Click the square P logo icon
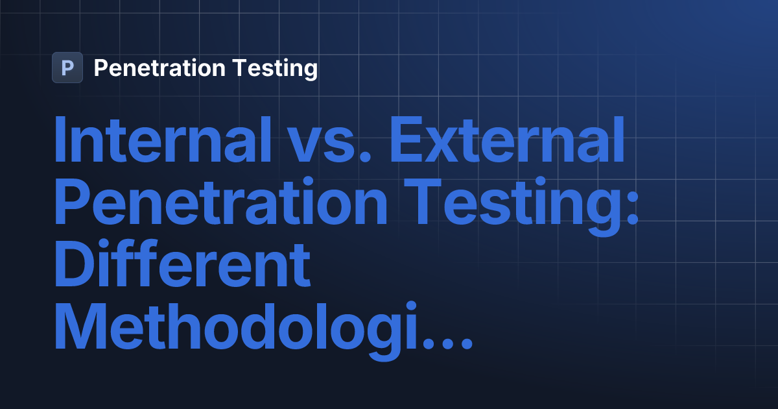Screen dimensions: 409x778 click(x=67, y=68)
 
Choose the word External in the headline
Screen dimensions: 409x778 click(x=508, y=142)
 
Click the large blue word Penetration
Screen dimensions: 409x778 click(x=221, y=203)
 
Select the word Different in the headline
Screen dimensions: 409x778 click(x=182, y=264)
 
